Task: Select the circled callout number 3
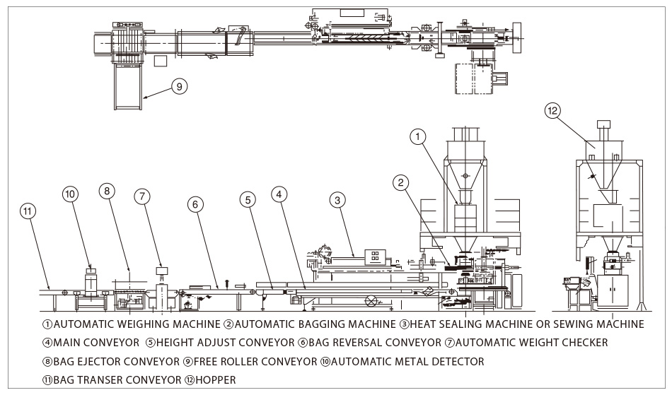click(338, 201)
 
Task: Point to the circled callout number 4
click(280, 192)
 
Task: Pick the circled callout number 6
click(197, 204)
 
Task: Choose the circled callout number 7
click(143, 196)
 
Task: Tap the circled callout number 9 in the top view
click(179, 87)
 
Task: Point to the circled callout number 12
click(552, 110)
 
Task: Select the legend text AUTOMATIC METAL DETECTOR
click(407, 361)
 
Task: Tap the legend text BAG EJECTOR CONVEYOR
click(111, 361)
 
